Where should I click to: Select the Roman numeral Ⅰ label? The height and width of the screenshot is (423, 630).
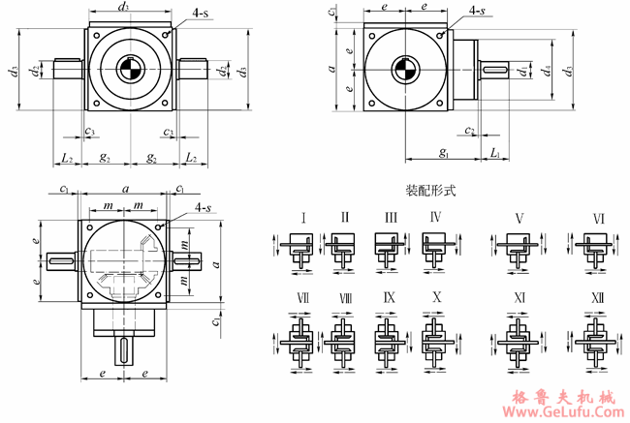(303, 219)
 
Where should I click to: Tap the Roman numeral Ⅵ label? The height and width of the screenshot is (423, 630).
(599, 219)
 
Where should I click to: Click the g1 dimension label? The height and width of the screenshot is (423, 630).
(443, 153)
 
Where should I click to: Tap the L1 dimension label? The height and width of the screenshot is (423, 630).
(494, 153)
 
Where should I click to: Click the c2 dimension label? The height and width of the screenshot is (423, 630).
(469, 130)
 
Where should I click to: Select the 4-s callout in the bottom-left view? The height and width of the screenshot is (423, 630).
(204, 208)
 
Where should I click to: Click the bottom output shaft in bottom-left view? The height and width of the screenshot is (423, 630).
(127, 348)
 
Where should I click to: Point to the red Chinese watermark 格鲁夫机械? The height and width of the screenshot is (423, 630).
(562, 395)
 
